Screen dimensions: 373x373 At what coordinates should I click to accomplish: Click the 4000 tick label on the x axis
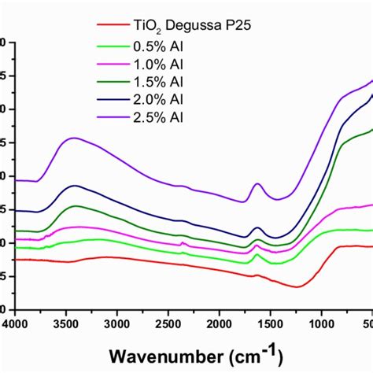point(17,323)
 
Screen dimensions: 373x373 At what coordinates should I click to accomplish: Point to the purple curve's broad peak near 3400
point(74,138)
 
